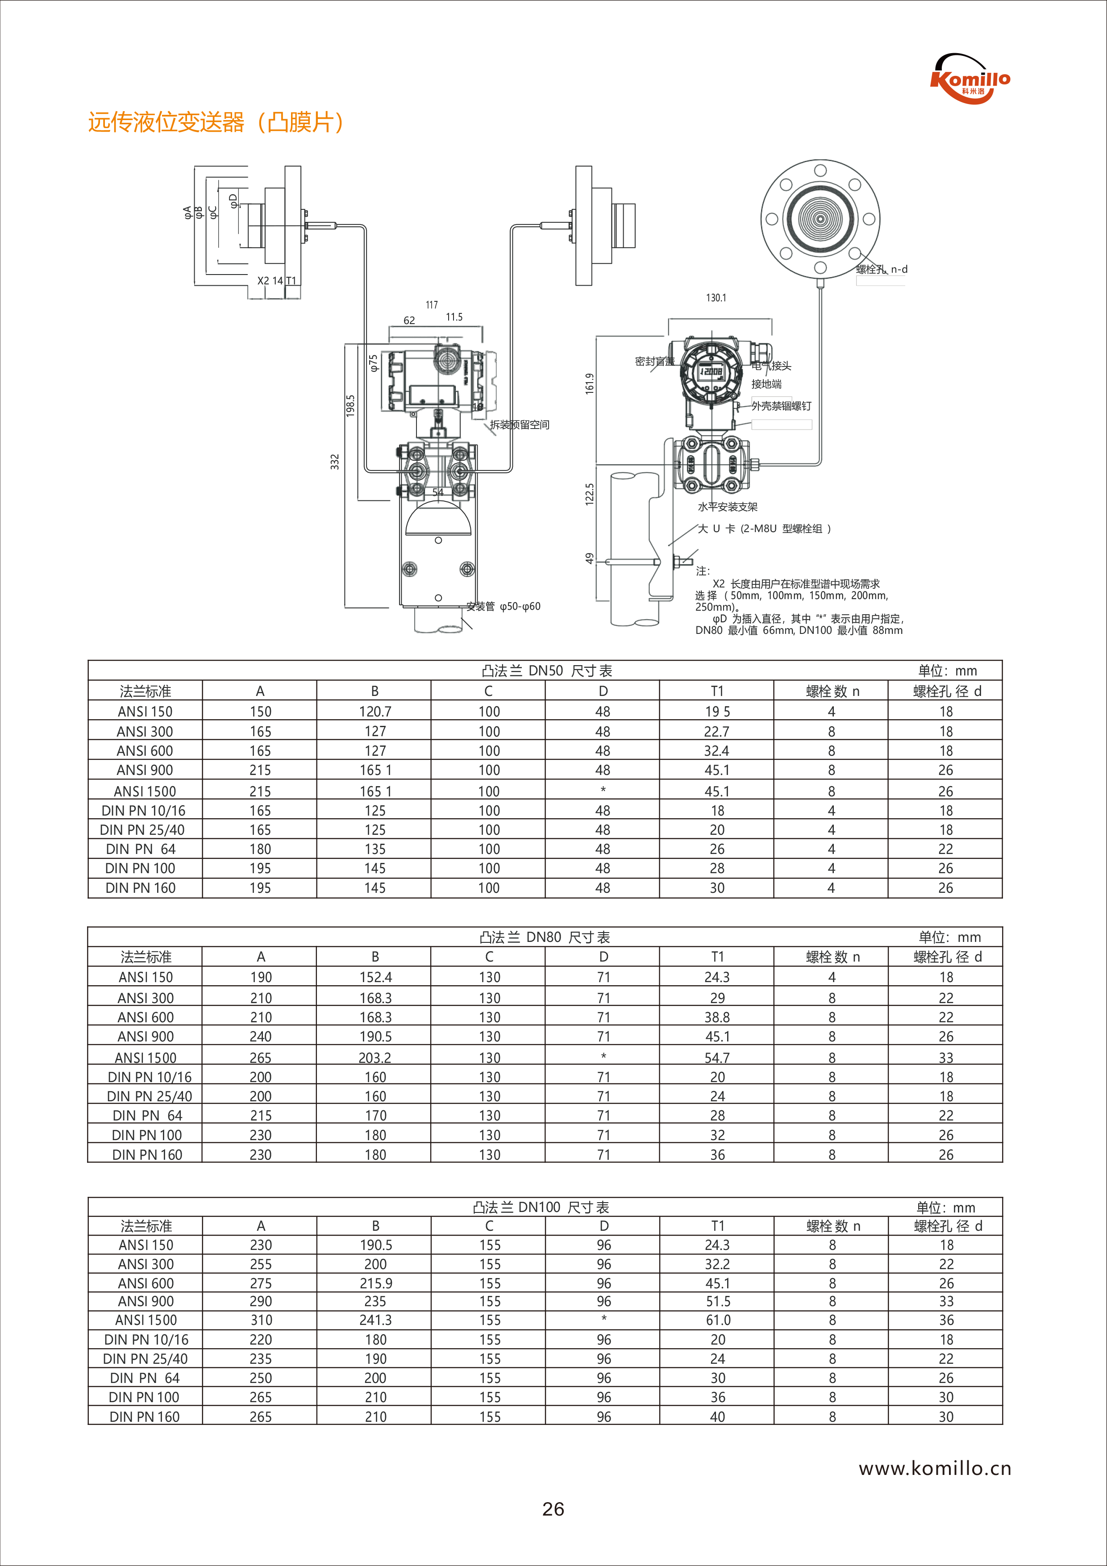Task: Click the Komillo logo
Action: coord(970,79)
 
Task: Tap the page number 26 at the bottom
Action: coord(553,1509)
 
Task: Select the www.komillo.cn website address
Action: coord(934,1469)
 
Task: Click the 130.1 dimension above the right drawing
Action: coord(716,298)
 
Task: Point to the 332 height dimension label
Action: coord(335,462)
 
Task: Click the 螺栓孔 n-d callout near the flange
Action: coord(882,270)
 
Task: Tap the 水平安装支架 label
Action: coord(727,507)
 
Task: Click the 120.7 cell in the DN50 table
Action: coord(375,712)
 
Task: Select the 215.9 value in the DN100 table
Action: coord(375,1283)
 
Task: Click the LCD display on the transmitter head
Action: coord(712,371)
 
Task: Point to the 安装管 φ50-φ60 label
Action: coord(504,606)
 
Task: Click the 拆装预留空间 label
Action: coord(519,425)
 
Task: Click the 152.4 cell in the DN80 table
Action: coord(375,977)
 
